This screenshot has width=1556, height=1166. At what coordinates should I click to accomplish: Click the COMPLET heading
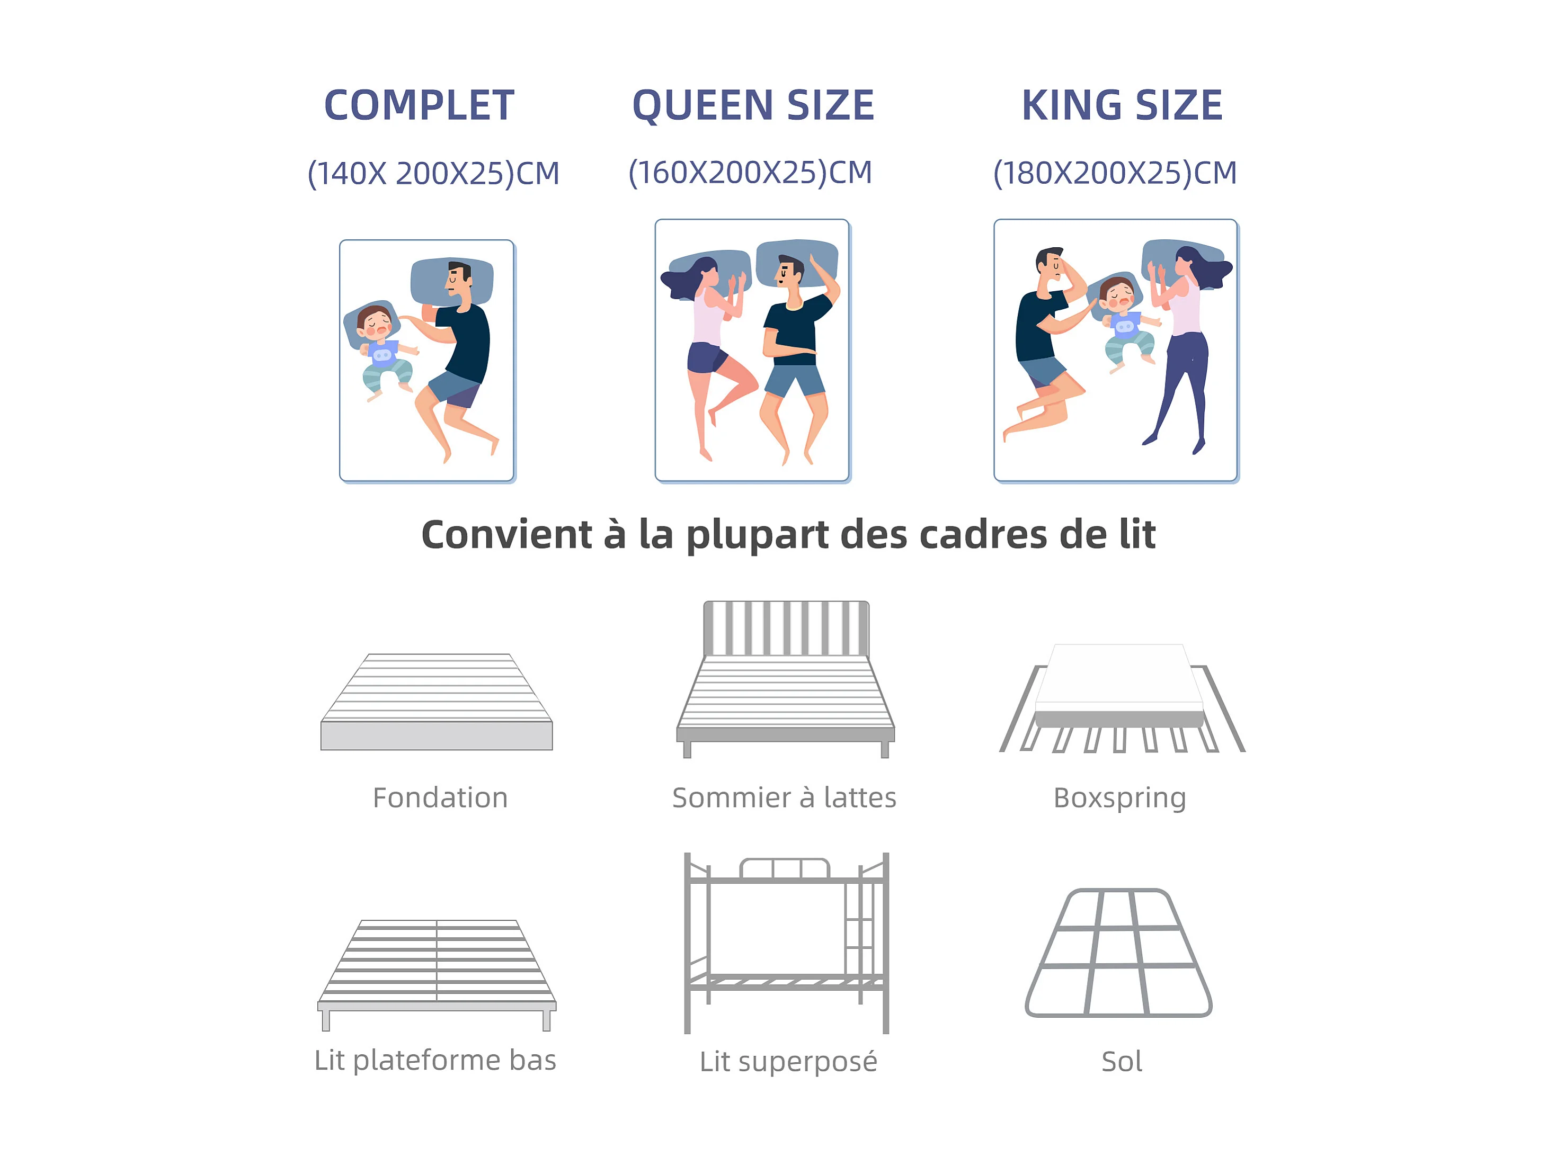pos(419,105)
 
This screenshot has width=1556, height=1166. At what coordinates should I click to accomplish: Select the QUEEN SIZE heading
pos(753,105)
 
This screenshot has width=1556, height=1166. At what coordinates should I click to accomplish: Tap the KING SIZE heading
pos(1122,105)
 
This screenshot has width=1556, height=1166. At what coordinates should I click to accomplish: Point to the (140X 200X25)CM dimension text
pos(433,173)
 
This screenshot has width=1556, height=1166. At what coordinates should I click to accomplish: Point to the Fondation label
pos(440,797)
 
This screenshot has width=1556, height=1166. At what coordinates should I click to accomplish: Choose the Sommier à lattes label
pos(784,797)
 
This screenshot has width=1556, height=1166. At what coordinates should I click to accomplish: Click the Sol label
pos(1122,1061)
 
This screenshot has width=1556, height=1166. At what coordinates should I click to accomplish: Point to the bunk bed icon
pos(786,943)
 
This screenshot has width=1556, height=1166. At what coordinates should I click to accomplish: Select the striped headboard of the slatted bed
pos(786,628)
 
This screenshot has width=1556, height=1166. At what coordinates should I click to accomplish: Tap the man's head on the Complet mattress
pos(460,279)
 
